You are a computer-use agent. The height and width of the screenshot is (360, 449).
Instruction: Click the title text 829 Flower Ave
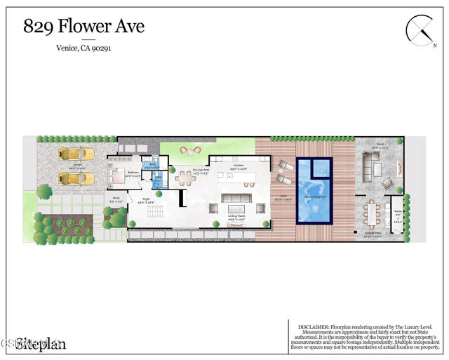click(x=83, y=27)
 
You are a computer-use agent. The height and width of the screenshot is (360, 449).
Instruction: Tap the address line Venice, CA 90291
click(x=83, y=48)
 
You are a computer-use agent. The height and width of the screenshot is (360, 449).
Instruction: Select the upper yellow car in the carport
click(x=72, y=154)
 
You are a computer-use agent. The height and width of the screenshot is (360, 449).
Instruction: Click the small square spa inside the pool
click(x=320, y=168)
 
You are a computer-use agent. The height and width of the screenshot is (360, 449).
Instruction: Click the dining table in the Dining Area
click(x=187, y=179)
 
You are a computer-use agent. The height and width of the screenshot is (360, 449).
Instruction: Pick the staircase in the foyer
click(x=155, y=212)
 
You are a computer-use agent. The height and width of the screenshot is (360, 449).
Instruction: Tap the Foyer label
click(x=147, y=199)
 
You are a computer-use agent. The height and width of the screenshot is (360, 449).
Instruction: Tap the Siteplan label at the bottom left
click(x=41, y=343)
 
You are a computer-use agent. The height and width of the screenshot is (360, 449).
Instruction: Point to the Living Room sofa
click(x=236, y=198)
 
